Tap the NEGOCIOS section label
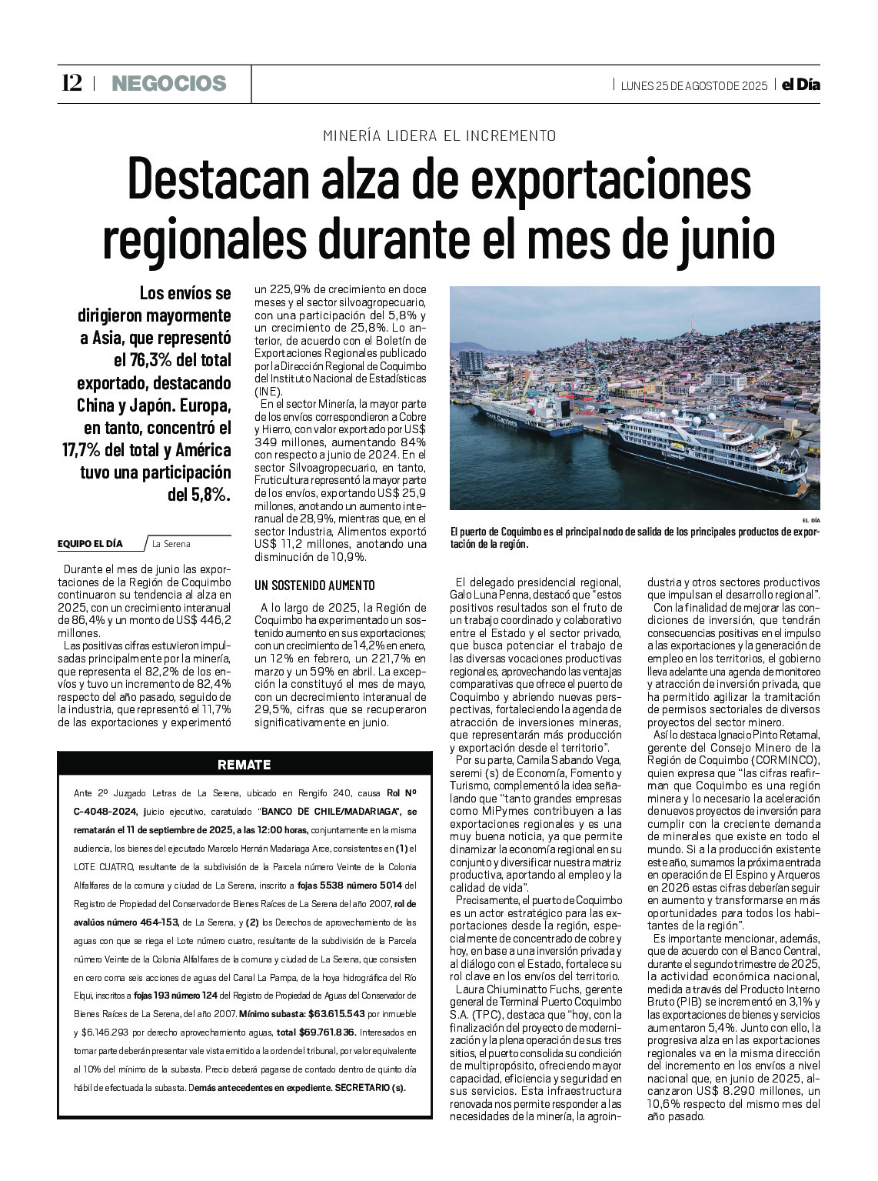(168, 83)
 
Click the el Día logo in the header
(800, 85)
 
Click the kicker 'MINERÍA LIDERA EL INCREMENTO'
(439, 135)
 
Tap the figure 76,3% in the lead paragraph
(155, 360)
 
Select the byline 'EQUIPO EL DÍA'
(90, 544)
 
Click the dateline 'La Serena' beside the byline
(171, 544)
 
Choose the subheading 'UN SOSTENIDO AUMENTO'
(314, 585)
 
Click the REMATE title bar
(244, 765)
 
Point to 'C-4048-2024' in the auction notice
(106, 811)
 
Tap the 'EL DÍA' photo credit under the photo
(810, 521)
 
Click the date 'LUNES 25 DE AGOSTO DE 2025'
(693, 85)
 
